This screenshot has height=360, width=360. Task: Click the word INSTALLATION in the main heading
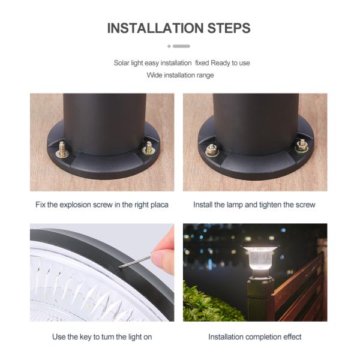click(155, 28)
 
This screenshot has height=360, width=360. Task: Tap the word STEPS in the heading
click(229, 28)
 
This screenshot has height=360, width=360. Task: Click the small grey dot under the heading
click(169, 46)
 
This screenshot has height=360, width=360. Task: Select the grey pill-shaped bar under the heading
click(181, 46)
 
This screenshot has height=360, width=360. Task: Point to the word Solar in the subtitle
click(121, 62)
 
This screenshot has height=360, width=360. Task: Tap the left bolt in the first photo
click(62, 149)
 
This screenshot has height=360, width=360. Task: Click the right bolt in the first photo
click(149, 148)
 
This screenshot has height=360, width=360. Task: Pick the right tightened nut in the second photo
click(302, 146)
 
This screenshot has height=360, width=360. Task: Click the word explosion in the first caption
click(76, 205)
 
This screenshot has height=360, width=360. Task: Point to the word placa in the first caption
click(160, 205)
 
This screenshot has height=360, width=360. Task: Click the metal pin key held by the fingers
click(136, 262)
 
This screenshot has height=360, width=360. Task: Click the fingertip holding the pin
click(161, 257)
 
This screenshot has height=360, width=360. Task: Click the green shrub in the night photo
click(206, 303)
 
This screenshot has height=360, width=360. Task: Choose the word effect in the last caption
click(292, 337)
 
